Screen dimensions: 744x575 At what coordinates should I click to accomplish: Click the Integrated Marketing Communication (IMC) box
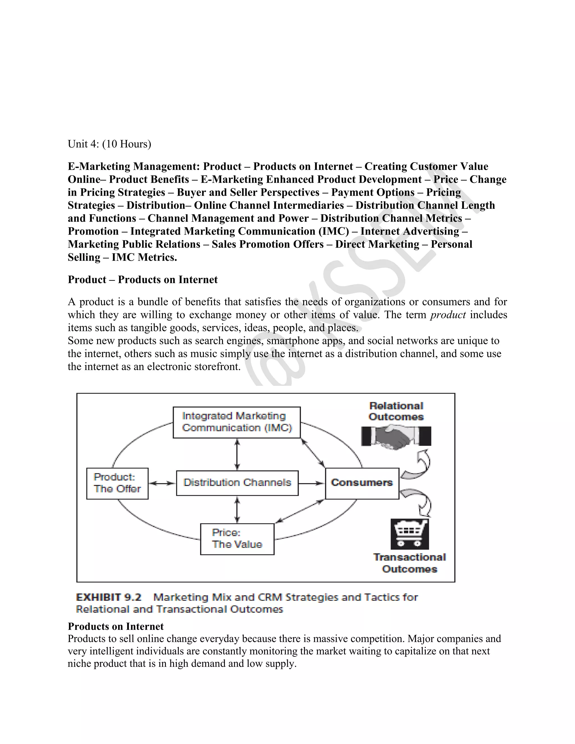236,422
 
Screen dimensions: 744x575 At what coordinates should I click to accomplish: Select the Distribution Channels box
237,483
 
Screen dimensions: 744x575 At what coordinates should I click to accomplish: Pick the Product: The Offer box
117,483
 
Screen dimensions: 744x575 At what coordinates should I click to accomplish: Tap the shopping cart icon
409,534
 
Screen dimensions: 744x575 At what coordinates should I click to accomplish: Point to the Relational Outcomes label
396,411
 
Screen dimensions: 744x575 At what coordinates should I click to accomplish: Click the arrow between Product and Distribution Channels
162,483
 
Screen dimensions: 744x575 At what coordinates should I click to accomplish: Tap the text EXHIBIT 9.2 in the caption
108,597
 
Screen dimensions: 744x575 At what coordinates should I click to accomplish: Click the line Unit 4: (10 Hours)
109,144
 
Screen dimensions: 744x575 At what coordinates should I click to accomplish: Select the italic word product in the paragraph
448,315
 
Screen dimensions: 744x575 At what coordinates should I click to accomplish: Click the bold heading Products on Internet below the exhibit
115,626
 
